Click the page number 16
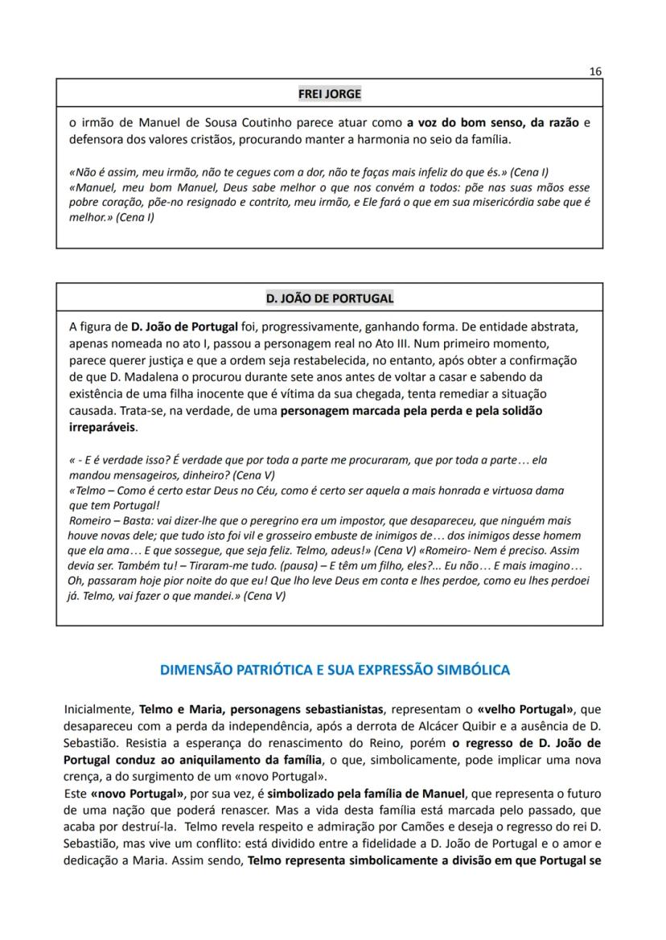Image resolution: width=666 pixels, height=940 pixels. (595, 71)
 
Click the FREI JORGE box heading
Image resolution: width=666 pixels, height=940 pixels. (329, 93)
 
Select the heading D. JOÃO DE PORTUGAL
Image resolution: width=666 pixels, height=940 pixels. (329, 298)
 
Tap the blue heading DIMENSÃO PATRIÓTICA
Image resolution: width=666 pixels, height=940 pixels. (334, 669)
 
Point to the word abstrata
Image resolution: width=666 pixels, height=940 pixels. (554, 327)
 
